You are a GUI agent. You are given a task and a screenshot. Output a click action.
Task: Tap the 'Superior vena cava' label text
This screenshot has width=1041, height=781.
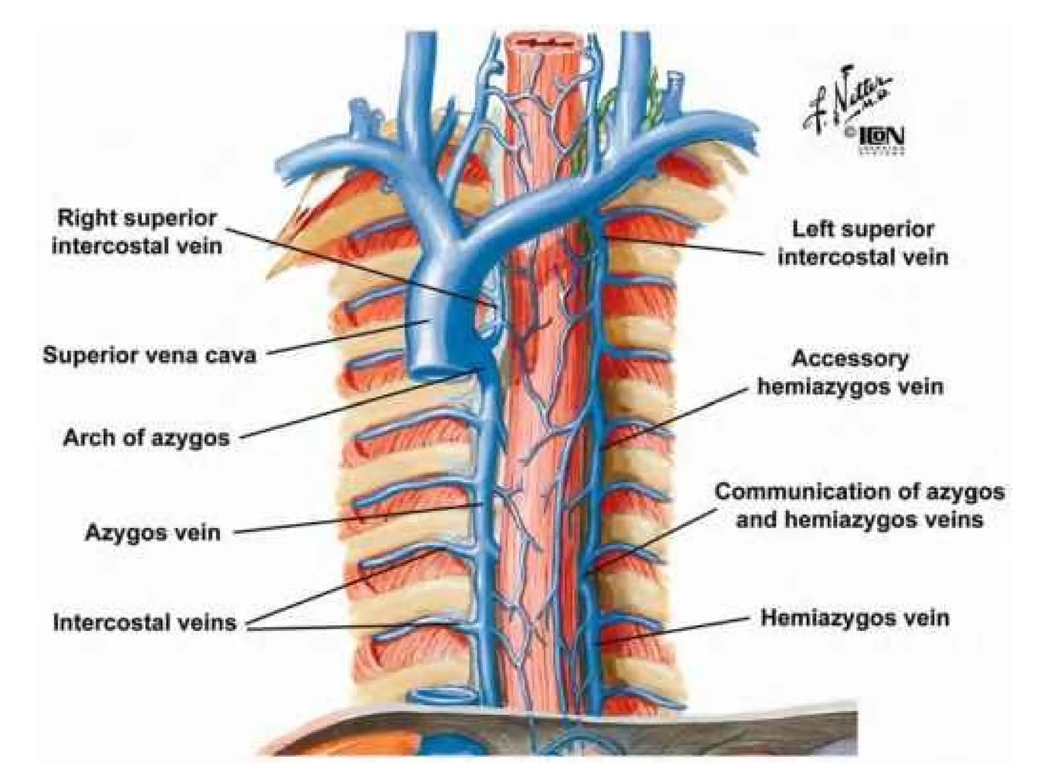click(x=149, y=355)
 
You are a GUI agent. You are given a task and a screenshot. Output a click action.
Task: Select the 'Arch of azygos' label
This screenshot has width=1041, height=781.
click(x=146, y=437)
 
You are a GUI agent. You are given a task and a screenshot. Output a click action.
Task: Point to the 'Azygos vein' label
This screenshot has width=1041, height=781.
click(x=152, y=532)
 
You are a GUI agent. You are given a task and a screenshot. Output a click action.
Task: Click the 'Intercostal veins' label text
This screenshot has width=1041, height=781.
click(x=145, y=622)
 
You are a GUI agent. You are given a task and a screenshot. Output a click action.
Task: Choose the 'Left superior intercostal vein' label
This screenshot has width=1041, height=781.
click(x=863, y=243)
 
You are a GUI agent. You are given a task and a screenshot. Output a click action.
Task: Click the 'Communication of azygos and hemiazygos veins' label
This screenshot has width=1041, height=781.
click(x=859, y=505)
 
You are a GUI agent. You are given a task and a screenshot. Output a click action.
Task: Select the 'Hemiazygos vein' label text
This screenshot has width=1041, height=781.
click(x=854, y=618)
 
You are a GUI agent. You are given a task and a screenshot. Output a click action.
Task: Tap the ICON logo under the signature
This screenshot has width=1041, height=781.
click(x=881, y=137)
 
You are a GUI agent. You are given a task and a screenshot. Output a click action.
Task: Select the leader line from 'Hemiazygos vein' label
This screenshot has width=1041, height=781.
click(x=676, y=630)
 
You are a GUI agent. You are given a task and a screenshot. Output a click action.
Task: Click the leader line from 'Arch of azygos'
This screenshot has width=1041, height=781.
click(x=356, y=404)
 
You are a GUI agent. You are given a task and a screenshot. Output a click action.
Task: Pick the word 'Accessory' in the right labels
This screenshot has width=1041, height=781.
click(x=850, y=358)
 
